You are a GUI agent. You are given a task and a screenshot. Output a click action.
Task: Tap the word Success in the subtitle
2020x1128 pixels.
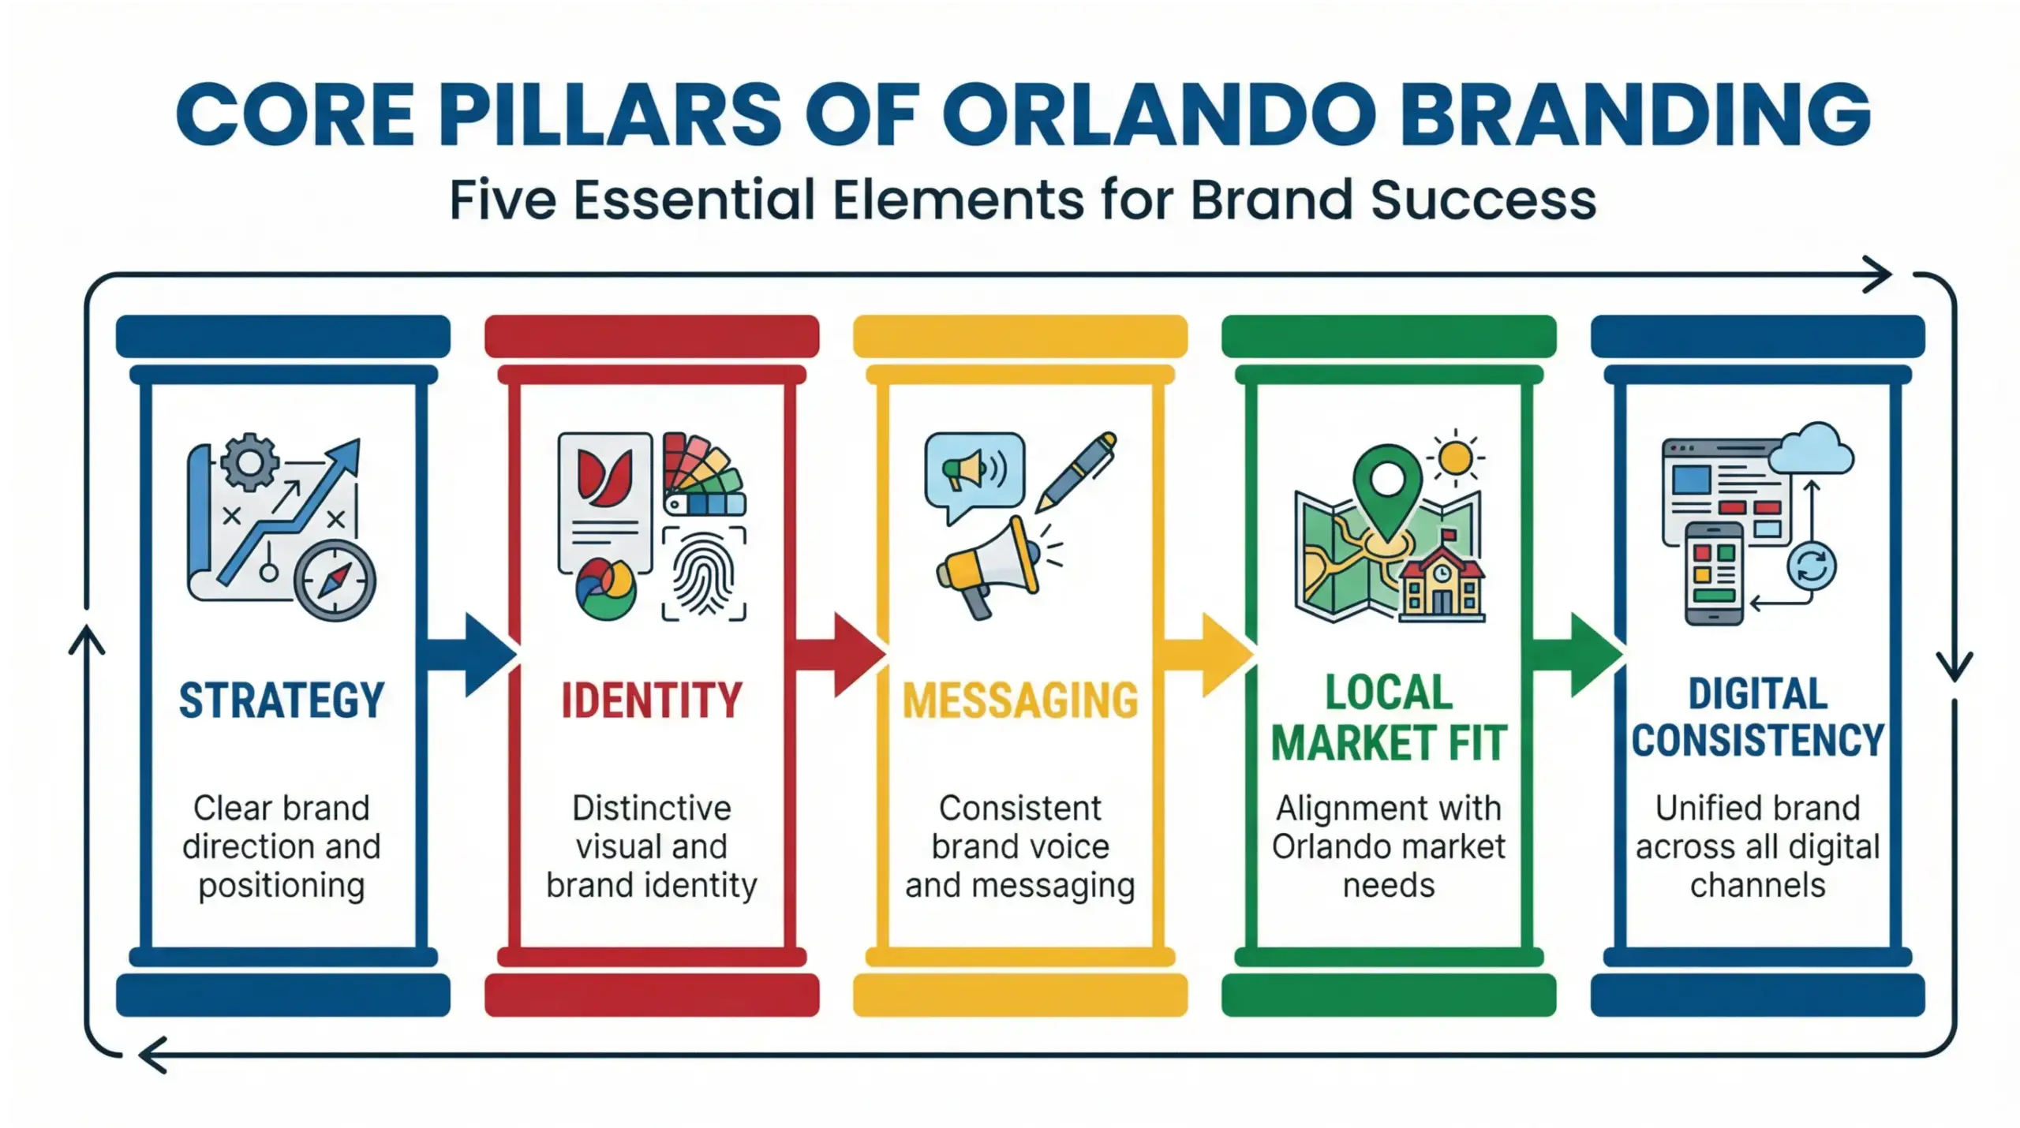point(1483,200)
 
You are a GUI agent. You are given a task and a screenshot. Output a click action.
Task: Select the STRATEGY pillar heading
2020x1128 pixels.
point(282,700)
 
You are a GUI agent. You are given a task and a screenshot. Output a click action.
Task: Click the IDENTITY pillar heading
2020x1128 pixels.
point(652,700)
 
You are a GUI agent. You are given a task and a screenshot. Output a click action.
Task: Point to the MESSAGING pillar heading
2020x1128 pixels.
point(1020,700)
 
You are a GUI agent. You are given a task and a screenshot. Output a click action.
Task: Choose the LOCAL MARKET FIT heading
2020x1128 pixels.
point(1389,718)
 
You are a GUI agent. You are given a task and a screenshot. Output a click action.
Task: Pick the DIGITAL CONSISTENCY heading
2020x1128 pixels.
point(1757,718)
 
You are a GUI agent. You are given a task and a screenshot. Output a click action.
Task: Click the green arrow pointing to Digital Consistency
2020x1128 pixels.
point(1577,655)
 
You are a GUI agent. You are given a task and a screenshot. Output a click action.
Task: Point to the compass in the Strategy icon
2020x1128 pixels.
point(335,581)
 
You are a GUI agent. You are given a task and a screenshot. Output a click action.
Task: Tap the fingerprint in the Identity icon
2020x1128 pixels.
point(704,574)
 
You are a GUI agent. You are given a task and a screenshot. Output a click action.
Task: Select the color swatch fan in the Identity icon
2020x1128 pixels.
point(702,473)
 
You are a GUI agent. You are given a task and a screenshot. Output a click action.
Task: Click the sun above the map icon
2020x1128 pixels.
point(1456,458)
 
